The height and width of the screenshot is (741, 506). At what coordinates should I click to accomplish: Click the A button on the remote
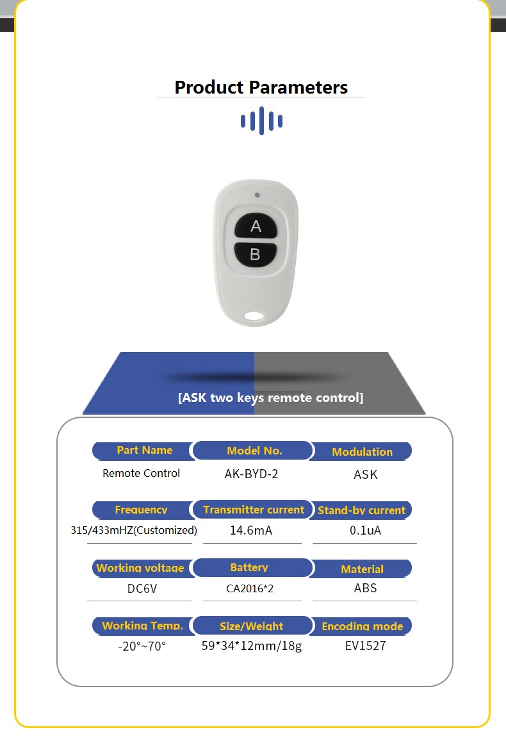click(256, 226)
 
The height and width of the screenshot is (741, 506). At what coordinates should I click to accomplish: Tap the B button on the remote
click(256, 254)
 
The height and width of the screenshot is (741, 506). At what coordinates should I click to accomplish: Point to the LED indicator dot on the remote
click(257, 195)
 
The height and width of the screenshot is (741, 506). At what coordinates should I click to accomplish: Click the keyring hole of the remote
click(254, 315)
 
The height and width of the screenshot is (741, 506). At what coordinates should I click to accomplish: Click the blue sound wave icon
click(261, 121)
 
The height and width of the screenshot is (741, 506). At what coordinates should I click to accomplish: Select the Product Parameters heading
click(261, 87)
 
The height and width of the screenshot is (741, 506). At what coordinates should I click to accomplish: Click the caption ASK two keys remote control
click(270, 397)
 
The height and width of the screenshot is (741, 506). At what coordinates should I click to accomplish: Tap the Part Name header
click(145, 451)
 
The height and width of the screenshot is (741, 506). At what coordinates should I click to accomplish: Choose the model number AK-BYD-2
click(251, 474)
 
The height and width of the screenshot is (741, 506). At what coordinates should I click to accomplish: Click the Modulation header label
click(362, 452)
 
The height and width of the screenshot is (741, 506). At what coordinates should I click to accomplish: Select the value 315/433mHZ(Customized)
click(134, 530)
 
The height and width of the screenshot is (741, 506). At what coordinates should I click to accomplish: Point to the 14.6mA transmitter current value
click(251, 530)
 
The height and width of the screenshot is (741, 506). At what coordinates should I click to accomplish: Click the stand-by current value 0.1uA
click(365, 530)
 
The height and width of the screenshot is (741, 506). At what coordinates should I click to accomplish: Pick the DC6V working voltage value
click(142, 589)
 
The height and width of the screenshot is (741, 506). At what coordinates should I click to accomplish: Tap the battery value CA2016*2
click(250, 588)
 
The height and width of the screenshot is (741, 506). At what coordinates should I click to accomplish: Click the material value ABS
click(365, 588)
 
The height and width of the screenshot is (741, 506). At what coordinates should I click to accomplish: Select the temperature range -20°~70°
click(142, 646)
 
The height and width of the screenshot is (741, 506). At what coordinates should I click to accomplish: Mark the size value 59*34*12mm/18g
click(252, 645)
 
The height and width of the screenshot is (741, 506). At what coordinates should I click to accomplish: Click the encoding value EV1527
click(365, 645)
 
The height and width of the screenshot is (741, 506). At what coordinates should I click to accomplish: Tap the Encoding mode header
click(362, 626)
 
